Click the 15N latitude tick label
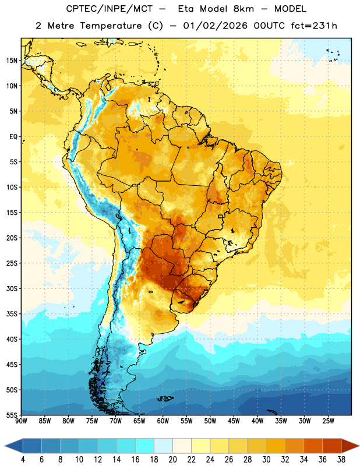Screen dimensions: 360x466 [12, 61]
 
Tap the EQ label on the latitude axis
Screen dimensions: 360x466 [13, 137]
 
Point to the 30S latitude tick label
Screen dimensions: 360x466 [12, 288]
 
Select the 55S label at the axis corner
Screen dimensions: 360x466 [12, 415]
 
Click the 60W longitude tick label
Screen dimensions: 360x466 [163, 421]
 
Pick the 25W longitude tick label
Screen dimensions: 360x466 [328, 421]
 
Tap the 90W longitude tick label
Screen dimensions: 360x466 [21, 421]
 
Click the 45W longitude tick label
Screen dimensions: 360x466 [234, 421]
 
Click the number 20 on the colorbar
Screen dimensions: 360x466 [172, 460]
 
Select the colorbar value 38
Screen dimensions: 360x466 [341, 460]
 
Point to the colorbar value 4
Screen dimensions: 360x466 [23, 460]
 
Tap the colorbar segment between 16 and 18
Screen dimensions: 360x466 [145, 446]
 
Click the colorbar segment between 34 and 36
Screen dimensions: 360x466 [313, 446]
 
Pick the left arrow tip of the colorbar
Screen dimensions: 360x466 [5, 446]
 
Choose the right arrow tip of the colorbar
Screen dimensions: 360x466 [359, 446]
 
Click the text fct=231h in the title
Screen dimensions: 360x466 [314, 26]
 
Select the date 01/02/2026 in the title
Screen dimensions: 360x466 [215, 26]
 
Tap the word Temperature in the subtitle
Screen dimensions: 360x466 [111, 26]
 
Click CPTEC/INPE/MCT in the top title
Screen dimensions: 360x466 [109, 9]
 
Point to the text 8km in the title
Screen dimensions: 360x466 [243, 9]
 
